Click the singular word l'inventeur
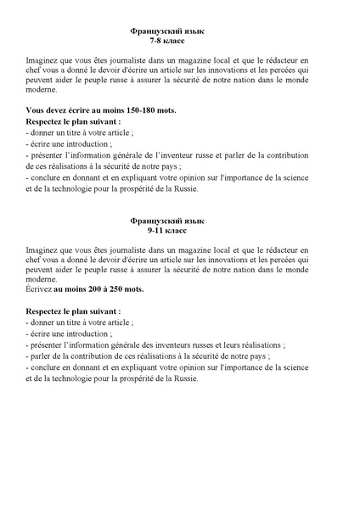[x=206, y=155]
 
